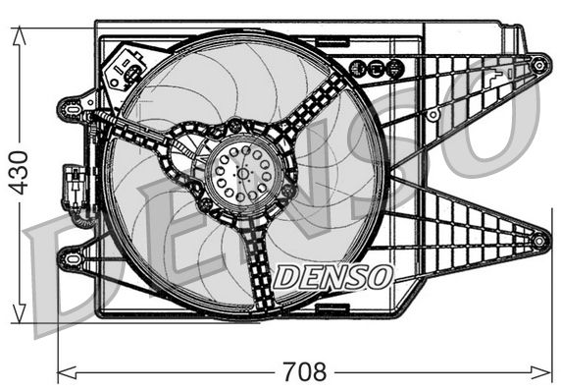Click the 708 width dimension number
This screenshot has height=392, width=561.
pyautogui.click(x=303, y=372)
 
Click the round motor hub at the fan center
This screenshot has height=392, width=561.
pyautogui.click(x=241, y=171)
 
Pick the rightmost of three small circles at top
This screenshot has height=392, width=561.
pyautogui.click(x=394, y=69)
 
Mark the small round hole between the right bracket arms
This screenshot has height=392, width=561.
pyautogui.click(x=433, y=115)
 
